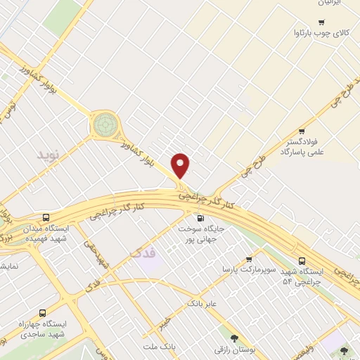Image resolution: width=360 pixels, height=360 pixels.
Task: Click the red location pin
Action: pyautogui.click(x=181, y=166)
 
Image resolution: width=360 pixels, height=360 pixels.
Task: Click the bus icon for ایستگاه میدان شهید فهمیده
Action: pyautogui.click(x=46, y=217)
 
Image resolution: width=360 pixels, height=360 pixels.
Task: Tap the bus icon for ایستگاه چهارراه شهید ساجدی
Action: pyautogui.click(x=43, y=313)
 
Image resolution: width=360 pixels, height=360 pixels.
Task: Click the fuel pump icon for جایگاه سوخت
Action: pyautogui.click(x=201, y=218)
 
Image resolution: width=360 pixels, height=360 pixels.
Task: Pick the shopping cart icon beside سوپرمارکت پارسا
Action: pyautogui.click(x=249, y=259)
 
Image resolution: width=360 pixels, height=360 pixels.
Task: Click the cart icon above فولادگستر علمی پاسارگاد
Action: pyautogui.click(x=302, y=131)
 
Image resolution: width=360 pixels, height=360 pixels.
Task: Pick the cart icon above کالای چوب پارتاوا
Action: pyautogui.click(x=321, y=22)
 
